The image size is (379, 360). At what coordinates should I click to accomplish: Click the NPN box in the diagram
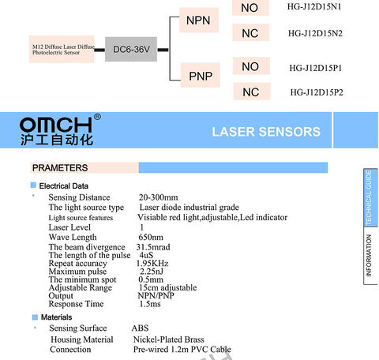pyautogui.click(x=199, y=20)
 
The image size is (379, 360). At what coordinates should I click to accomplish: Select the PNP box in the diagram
pyautogui.click(x=201, y=75)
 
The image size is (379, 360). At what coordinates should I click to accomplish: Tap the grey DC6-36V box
pyautogui.click(x=131, y=49)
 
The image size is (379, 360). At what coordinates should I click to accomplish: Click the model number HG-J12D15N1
pyautogui.click(x=314, y=6)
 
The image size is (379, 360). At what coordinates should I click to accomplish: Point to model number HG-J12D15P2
pyautogui.click(x=317, y=92)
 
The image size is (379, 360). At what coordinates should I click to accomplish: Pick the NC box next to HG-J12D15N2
pyautogui.click(x=250, y=32)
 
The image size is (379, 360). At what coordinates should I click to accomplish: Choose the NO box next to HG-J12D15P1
pyautogui.click(x=251, y=66)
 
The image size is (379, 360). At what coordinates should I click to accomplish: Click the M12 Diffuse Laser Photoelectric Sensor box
pyautogui.click(x=62, y=49)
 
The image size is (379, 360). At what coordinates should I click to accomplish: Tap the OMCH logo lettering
pyautogui.click(x=56, y=125)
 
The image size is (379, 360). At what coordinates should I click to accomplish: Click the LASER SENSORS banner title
pyautogui.click(x=266, y=132)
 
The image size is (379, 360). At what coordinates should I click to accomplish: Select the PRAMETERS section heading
pyautogui.click(x=60, y=168)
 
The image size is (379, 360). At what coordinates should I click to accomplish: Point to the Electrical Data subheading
pyautogui.click(x=64, y=186)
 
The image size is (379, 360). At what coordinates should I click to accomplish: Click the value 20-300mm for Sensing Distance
pyautogui.click(x=159, y=197)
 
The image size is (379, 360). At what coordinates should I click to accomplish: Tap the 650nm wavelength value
pyautogui.click(x=151, y=237)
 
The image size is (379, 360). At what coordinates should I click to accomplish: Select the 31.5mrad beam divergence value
pyautogui.click(x=153, y=247)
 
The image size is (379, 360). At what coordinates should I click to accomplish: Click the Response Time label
pyautogui.click(x=76, y=304)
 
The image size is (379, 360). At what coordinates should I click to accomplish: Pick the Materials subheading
pyautogui.click(x=56, y=317)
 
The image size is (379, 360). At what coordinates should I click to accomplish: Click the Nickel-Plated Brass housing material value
pyautogui.click(x=169, y=339)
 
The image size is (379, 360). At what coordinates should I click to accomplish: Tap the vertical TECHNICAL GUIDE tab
pyautogui.click(x=370, y=197)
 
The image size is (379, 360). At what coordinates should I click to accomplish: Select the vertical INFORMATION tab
pyautogui.click(x=369, y=255)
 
